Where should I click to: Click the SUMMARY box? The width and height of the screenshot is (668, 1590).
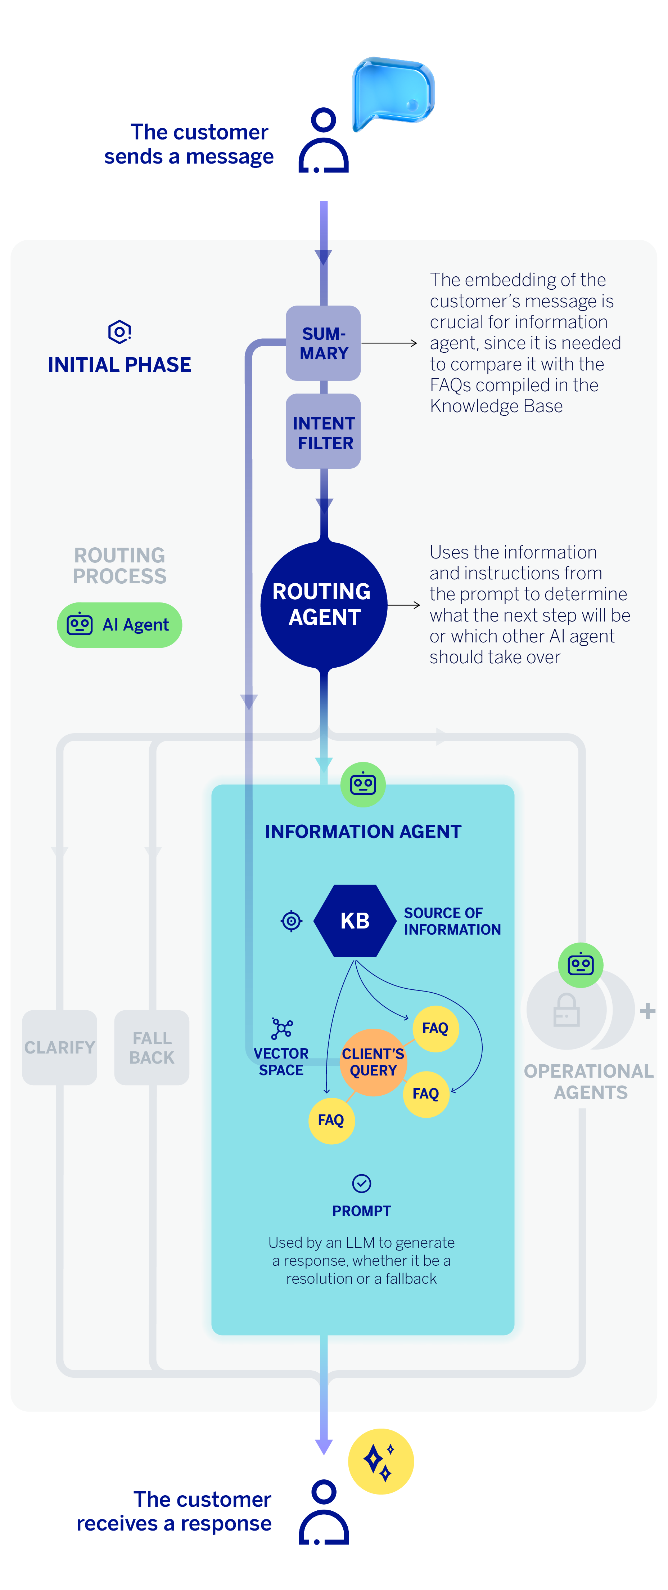[x=323, y=343]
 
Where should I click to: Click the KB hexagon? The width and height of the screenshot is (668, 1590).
[x=355, y=921]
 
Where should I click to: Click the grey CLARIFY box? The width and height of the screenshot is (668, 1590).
[x=59, y=1047]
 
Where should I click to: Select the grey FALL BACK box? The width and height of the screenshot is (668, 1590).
[x=152, y=1047]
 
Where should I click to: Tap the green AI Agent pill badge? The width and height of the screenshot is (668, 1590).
[x=119, y=625]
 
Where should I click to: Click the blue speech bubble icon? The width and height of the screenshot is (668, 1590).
[x=393, y=93]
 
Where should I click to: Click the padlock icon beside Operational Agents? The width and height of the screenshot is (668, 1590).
[x=566, y=1010]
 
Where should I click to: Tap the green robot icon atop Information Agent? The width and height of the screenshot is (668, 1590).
[x=363, y=784]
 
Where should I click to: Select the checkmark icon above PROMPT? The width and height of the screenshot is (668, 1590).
[x=361, y=1183]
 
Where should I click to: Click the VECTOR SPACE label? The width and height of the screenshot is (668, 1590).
[x=281, y=1062]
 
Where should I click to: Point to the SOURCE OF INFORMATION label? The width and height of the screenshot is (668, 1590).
[x=452, y=921]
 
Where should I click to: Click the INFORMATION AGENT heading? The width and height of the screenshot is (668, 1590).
[x=363, y=832]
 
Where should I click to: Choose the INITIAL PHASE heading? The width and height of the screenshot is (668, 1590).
[x=119, y=365]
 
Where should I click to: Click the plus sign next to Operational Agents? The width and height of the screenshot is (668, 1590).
[x=647, y=1010]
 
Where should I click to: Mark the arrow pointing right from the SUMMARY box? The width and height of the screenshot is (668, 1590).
[x=390, y=343]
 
